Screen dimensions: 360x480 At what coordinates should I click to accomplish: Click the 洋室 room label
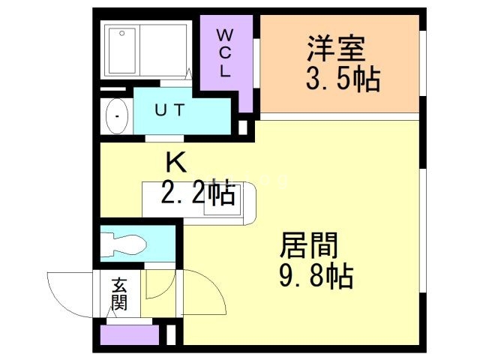(335, 49)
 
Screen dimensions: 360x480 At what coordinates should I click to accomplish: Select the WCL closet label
(225, 53)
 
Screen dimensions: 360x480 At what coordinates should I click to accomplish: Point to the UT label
(169, 110)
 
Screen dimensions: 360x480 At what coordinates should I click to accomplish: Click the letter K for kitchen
(175, 161)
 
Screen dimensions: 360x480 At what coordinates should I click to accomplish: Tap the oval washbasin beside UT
(117, 116)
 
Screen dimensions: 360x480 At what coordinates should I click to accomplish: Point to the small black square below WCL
(242, 127)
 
